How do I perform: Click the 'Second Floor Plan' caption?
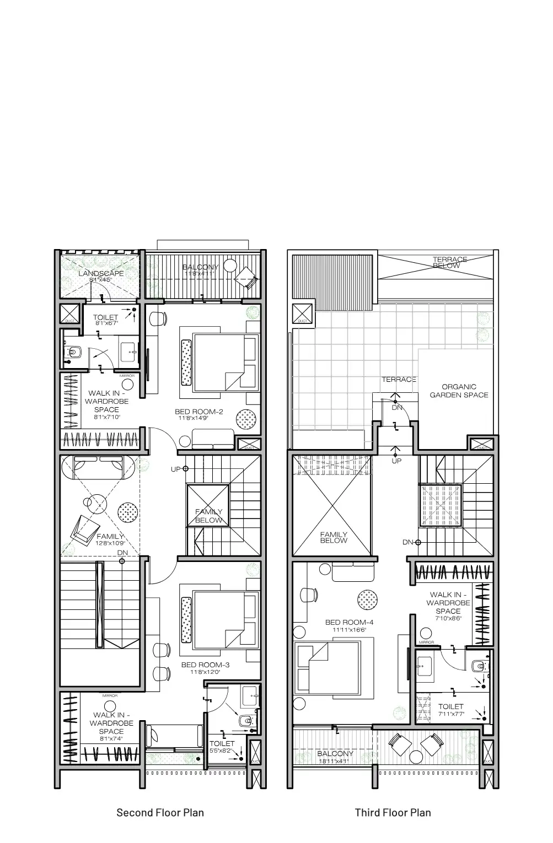(160, 812)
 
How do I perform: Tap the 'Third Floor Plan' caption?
(393, 812)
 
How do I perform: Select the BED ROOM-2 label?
(198, 412)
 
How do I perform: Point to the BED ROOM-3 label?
(205, 665)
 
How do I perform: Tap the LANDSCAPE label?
(101, 273)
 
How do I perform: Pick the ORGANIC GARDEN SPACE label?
(459, 391)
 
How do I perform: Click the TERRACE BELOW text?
(449, 263)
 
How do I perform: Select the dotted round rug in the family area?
(128, 512)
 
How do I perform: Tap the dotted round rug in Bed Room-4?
(368, 599)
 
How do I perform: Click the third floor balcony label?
(335, 754)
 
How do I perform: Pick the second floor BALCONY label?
(201, 267)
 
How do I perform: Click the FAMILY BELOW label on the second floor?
(209, 516)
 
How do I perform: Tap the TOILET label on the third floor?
(450, 706)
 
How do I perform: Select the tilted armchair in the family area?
(82, 528)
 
